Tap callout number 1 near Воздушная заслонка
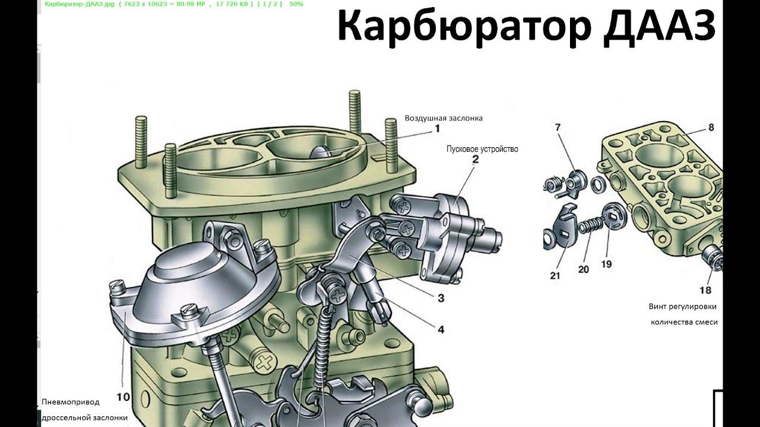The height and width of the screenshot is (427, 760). (438, 129)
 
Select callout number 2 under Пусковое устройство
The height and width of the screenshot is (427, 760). (476, 160)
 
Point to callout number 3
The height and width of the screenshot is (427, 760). (441, 298)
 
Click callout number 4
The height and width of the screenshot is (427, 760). (441, 329)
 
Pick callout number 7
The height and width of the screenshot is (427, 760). (558, 128)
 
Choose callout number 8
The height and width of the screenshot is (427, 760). (711, 128)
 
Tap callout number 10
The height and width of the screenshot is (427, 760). (123, 397)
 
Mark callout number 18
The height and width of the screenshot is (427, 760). (705, 290)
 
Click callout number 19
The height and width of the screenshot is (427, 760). (606, 264)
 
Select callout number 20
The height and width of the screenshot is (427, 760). (584, 270)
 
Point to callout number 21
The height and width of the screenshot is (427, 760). (555, 276)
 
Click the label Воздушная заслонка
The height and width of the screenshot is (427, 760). (444, 118)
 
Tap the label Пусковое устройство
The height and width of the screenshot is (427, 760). (482, 149)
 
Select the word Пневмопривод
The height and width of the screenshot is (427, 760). (71, 402)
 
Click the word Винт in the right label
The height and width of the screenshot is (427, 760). (658, 307)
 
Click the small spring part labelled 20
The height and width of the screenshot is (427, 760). (590, 224)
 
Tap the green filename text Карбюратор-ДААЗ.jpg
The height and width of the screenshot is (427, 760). (80, 5)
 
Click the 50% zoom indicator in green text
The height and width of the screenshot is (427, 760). (296, 4)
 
